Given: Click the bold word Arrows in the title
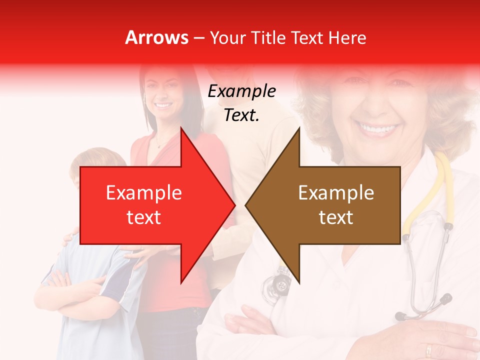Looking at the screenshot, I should (156, 37).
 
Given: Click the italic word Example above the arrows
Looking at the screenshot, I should (241, 91).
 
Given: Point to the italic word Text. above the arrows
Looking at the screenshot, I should (241, 115).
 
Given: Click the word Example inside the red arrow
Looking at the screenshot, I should (144, 193).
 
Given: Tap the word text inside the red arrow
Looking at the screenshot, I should (144, 217).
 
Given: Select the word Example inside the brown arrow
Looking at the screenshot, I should (336, 193).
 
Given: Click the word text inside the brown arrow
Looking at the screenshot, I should (336, 217).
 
